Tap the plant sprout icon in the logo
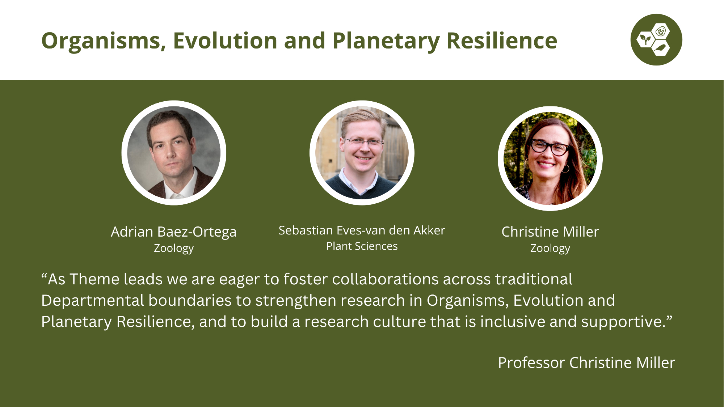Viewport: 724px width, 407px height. point(645,39)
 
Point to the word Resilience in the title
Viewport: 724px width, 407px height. point(502,41)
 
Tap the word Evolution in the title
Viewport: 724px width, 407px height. point(225,41)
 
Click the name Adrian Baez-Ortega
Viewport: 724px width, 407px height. point(174,232)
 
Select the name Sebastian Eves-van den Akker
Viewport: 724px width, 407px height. point(362,230)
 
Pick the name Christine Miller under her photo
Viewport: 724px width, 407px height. point(550,232)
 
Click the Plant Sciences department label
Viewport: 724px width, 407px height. point(362,246)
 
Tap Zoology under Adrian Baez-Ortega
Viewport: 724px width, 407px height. point(174,249)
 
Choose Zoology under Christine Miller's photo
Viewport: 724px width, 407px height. point(550,249)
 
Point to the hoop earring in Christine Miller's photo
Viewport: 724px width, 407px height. point(565,169)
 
